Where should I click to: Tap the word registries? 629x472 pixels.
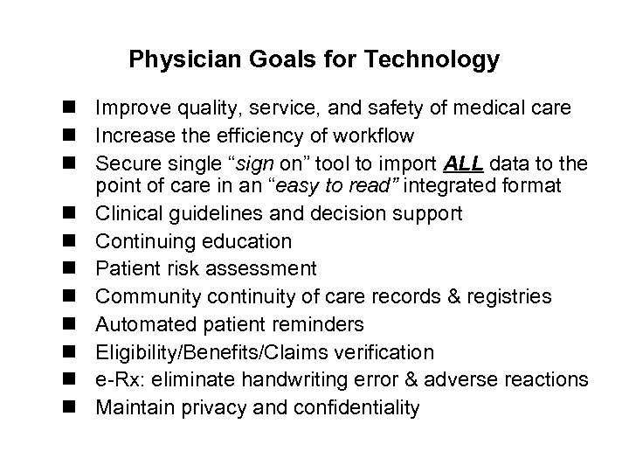(x=508, y=297)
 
